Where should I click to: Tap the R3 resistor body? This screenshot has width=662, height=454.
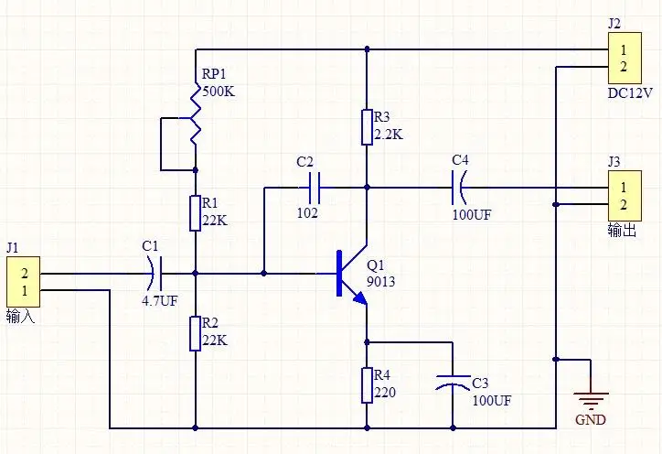pos(367,127)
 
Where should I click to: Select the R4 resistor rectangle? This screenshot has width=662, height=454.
pos(367,385)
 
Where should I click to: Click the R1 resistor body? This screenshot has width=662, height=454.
pos(195,213)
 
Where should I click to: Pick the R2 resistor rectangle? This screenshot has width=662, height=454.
pos(195,333)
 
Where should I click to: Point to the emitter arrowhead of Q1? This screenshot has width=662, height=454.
pos(360,298)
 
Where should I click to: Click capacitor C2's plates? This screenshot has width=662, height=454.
pos(315,188)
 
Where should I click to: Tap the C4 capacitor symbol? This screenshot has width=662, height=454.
pos(458,188)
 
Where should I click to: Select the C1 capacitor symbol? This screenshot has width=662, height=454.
pos(155,274)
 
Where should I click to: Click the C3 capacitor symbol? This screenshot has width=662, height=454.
pos(453,380)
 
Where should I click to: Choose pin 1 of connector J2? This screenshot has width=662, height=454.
pos(624,49)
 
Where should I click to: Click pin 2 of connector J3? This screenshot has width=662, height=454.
pos(624,205)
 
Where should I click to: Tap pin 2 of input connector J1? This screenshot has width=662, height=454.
pos(25,274)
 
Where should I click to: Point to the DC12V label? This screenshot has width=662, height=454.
pos(630,93)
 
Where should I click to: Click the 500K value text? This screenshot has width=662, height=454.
pos(219,92)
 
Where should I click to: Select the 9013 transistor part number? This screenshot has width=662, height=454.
pos(380,282)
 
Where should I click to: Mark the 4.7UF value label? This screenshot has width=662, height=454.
pos(160,300)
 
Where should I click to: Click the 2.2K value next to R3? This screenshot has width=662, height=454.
pos(389,135)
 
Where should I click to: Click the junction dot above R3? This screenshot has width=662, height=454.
pos(367,49)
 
